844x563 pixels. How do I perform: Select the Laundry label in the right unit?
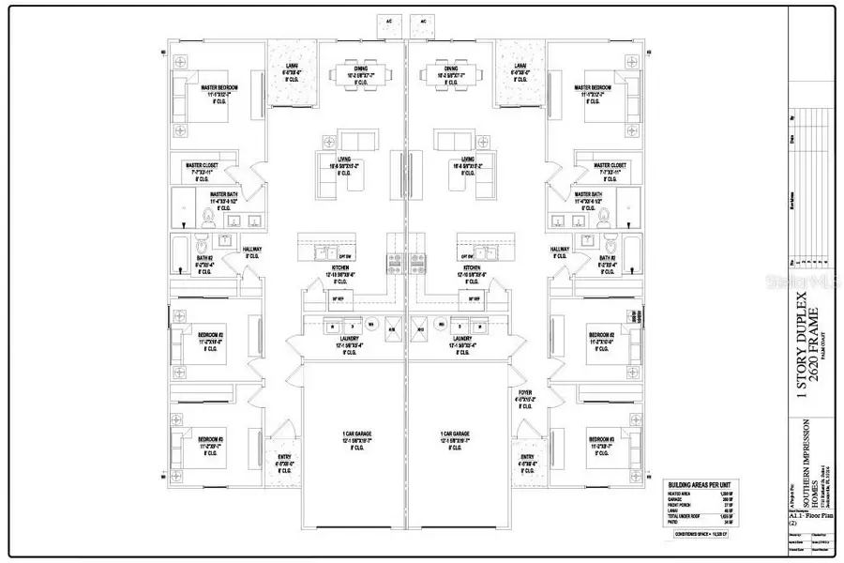[x=462, y=338]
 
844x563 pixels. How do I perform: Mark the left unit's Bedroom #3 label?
[x=210, y=438]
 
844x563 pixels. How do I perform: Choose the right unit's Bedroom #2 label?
[x=600, y=335]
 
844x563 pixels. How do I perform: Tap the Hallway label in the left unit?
[x=252, y=249]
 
